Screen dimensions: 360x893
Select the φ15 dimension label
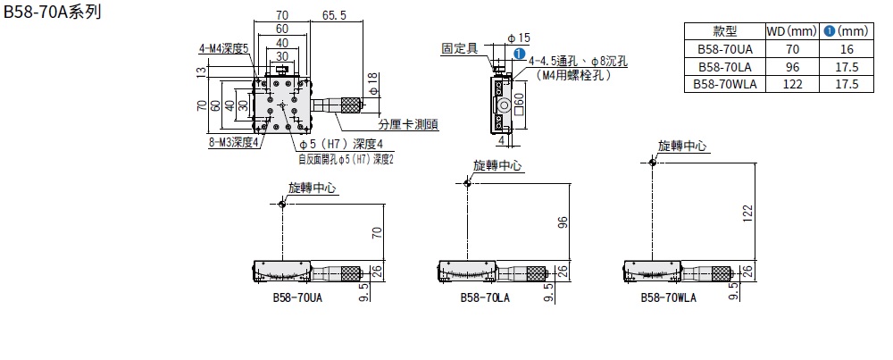pyautogui.click(x=519, y=38)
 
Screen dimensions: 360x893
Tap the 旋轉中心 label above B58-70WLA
pyautogui.click(x=682, y=146)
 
